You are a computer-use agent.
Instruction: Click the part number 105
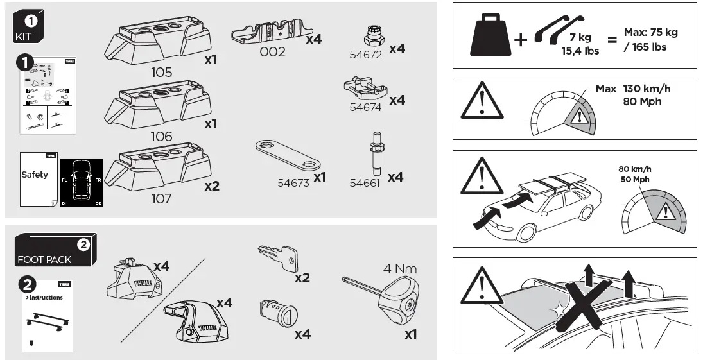[x=161, y=73]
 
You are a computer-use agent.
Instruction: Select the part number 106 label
[x=161, y=136]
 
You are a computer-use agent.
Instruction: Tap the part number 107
[x=161, y=199]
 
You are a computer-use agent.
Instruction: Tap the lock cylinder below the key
[x=276, y=314]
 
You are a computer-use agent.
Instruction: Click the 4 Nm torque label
[x=400, y=268]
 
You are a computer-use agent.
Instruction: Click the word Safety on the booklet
[x=35, y=175]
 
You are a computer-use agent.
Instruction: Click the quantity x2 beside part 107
[x=212, y=187]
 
